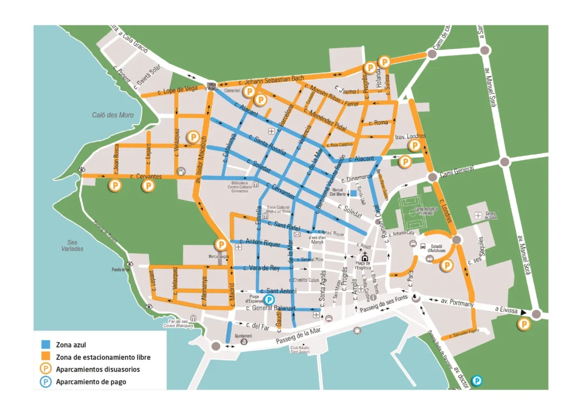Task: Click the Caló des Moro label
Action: click(113, 115)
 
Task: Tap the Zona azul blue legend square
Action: click(46, 344)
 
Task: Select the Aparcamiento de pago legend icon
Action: click(46, 382)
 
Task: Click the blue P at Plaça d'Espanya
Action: click(270, 300)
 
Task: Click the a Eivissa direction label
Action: click(508, 309)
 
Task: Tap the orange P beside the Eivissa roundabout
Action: click(523, 324)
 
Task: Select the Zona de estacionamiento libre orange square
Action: click(46, 357)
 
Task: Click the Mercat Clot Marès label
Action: click(337, 192)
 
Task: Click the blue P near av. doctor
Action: click(477, 381)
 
